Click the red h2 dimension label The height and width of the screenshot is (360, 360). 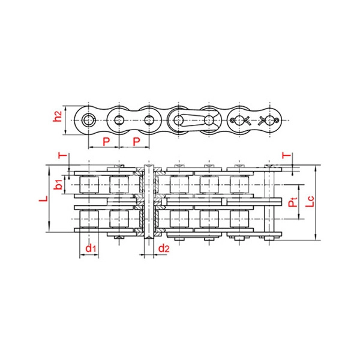(58, 116)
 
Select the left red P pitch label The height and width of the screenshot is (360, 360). (106, 142)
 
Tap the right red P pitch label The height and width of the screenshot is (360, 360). (136, 142)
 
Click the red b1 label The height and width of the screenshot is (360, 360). (58, 185)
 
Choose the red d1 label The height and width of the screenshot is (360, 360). (91, 248)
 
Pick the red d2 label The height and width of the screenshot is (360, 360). (164, 248)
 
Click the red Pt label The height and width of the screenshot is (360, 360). (293, 202)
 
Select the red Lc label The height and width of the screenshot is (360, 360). (310, 202)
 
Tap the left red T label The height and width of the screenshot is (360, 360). (62, 155)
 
